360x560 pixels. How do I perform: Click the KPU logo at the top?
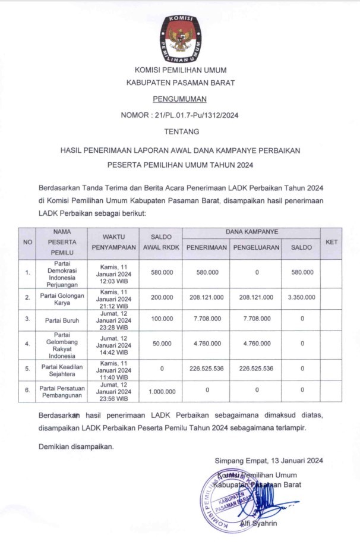coord(180,38)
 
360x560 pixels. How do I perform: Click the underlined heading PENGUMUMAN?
coord(179,99)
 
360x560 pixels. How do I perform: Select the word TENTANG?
coord(180,131)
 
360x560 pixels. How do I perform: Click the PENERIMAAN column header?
coord(206,247)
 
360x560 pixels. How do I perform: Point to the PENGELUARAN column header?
coord(256,247)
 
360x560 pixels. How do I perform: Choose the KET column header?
coord(331,242)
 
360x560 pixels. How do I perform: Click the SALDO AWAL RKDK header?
coord(161,242)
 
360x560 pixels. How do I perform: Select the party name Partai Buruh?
coord(59,320)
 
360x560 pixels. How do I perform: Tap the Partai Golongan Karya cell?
coord(59,297)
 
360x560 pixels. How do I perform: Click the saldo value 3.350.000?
coord(302,297)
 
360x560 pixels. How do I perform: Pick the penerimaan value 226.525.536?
coord(206,369)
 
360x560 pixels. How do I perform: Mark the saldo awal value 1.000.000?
coord(161,391)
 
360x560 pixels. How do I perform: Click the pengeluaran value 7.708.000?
coord(256,320)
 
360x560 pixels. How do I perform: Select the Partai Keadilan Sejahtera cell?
coord(59,369)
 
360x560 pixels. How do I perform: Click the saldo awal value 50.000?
coord(161,344)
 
